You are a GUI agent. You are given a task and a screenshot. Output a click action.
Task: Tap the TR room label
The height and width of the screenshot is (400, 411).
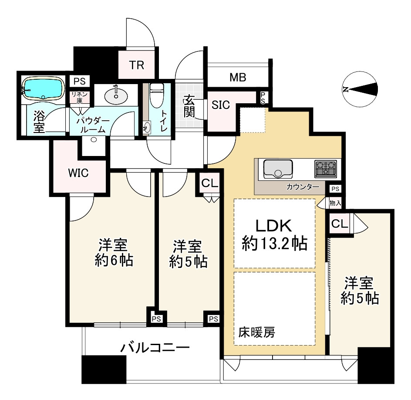pos(137,65)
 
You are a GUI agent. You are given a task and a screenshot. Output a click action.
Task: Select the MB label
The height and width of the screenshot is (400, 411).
pos(238,78)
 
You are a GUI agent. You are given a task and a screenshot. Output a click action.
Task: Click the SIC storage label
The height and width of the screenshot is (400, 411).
pos(221,105)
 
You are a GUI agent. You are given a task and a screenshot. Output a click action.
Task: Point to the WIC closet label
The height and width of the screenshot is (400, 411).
pos(78,173)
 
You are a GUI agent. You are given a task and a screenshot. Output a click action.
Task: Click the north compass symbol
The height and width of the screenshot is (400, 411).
pos(360,89)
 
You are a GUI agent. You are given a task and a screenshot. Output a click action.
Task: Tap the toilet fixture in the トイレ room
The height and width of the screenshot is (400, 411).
pos(157,95)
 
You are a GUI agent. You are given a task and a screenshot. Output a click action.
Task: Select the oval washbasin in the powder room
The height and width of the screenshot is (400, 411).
pos(116,96)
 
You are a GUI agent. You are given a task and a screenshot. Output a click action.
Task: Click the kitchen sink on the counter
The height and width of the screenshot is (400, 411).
pos(278,168)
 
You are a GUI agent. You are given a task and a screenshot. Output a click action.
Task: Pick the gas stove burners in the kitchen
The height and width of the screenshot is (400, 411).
pos(326,168)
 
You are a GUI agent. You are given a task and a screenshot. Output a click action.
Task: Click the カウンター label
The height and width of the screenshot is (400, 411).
pos(303,187)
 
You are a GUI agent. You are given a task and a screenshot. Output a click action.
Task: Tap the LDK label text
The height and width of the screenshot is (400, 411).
pos(274,226)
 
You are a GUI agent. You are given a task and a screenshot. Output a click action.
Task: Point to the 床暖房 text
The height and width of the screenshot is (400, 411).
pos(256,332)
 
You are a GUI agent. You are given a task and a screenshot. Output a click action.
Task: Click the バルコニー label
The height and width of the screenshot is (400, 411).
pos(155,348)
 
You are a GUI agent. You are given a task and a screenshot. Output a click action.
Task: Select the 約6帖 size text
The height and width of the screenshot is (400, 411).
pos(114,260)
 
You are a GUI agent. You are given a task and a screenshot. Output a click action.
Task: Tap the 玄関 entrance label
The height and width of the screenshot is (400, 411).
pos(189,106)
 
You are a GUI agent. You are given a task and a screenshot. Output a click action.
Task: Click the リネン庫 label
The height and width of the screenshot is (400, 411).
pos(79,97)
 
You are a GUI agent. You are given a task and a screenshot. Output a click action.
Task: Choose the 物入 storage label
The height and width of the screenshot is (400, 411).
pos(335,203)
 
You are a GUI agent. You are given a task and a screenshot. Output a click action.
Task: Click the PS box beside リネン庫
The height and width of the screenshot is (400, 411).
pos(79,81)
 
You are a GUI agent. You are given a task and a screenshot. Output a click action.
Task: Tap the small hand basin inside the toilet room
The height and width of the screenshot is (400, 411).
pos(147,128)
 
